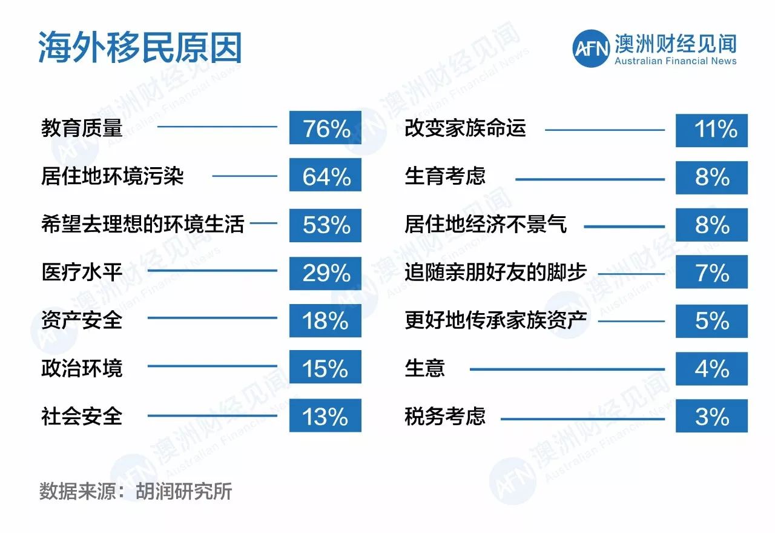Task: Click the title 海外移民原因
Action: pyautogui.click(x=140, y=47)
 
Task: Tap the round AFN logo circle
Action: pyautogui.click(x=591, y=48)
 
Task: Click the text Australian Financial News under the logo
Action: pyautogui.click(x=675, y=61)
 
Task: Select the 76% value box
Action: pyautogui.click(x=325, y=127)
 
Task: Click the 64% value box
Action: pyautogui.click(x=325, y=175)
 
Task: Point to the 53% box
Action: pyautogui.click(x=325, y=225)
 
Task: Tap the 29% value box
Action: pyautogui.click(x=325, y=273)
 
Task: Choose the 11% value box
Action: pyautogui.click(x=711, y=130)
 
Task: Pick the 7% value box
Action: pyautogui.click(x=711, y=272)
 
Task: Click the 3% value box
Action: pyautogui.click(x=711, y=415)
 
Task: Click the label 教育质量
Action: pyautogui.click(x=82, y=128)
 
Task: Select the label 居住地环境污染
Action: pyautogui.click(x=113, y=176)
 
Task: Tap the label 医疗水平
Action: pyautogui.click(x=82, y=272)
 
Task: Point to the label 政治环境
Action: pyautogui.click(x=82, y=368)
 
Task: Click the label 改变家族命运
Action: pyautogui.click(x=466, y=128)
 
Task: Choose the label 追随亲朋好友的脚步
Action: pyautogui.click(x=496, y=272)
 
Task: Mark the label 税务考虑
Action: pyautogui.click(x=445, y=415)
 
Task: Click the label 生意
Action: pyautogui.click(x=425, y=368)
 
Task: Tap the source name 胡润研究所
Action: pyautogui.click(x=183, y=491)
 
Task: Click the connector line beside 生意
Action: pyautogui.click(x=567, y=369)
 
